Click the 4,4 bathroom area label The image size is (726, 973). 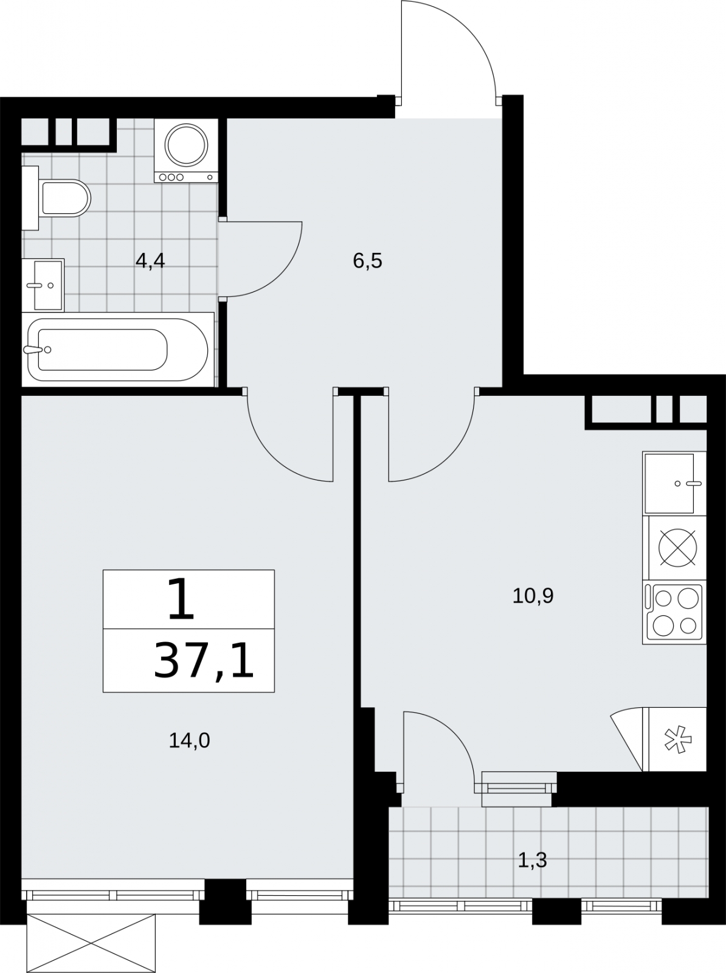150,261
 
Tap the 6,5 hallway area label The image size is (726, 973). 367,261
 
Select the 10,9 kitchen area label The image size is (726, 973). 533,596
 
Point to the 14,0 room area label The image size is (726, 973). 189,740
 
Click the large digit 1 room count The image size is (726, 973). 181,600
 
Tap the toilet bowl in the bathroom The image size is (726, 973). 65,198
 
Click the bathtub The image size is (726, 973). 117,349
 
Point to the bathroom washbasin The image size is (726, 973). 43,285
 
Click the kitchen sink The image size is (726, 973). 674,483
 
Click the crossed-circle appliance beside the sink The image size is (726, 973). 678,547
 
